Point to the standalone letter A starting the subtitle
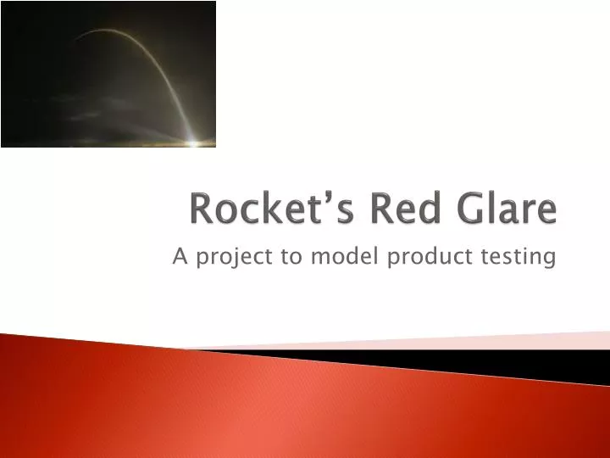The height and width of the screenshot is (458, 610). [179, 257]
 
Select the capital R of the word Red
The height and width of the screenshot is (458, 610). [370, 209]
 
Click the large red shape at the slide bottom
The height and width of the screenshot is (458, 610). [254, 407]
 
